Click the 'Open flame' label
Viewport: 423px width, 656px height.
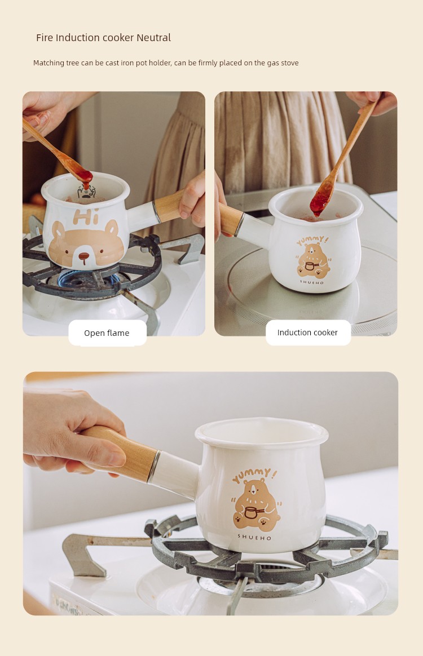(107, 333)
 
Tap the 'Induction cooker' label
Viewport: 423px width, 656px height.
(307, 333)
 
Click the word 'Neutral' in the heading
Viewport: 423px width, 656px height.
(154, 38)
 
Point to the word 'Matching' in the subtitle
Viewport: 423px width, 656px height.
(49, 63)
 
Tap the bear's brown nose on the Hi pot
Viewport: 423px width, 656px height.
(84, 256)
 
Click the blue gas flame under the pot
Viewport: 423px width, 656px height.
(88, 279)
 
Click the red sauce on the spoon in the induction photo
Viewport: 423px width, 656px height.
(320, 201)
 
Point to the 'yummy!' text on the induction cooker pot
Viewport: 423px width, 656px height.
(313, 241)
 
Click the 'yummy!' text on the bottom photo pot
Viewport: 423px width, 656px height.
(254, 476)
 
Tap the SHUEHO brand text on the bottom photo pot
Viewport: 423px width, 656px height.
(254, 537)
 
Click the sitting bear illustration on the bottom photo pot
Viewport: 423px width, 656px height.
(256, 506)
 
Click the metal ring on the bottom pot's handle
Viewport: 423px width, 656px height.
(153, 467)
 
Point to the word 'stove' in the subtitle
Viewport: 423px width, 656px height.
(289, 63)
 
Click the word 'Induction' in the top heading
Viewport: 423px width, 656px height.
(74, 38)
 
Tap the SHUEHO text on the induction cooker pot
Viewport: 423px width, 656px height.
(312, 282)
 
